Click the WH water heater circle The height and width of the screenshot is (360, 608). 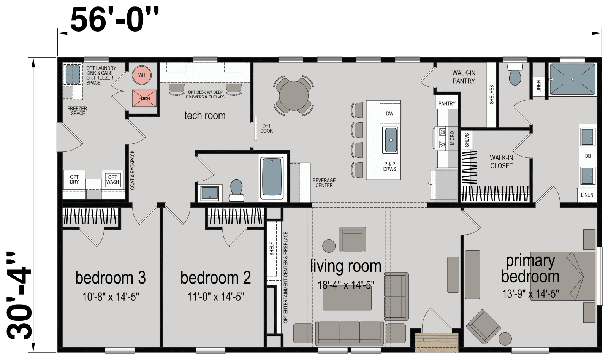pyautogui.click(x=142, y=75)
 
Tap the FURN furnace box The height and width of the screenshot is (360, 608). pyautogui.click(x=144, y=98)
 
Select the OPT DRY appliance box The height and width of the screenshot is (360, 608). pyautogui.click(x=74, y=179)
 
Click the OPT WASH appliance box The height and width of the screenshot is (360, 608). pyautogui.click(x=112, y=179)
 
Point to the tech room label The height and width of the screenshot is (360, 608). pyautogui.click(x=205, y=116)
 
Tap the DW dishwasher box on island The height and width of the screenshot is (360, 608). pyautogui.click(x=389, y=113)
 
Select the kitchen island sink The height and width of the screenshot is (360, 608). pyautogui.click(x=391, y=140)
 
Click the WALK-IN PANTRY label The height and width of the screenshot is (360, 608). pyautogui.click(x=464, y=77)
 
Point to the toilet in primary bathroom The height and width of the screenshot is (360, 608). pyautogui.click(x=515, y=74)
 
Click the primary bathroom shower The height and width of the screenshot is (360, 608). pyautogui.click(x=572, y=79)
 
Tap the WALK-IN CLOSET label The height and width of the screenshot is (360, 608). pyautogui.click(x=501, y=162)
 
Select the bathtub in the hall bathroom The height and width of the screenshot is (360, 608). pyautogui.click(x=272, y=178)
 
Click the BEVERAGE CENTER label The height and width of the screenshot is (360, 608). pyautogui.click(x=324, y=183)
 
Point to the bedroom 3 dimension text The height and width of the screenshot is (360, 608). pyautogui.click(x=111, y=297)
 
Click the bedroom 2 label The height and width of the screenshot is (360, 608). pyautogui.click(x=215, y=278)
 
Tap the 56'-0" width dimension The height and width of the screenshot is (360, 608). pyautogui.click(x=113, y=21)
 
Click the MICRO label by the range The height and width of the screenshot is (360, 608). pyautogui.click(x=452, y=138)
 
